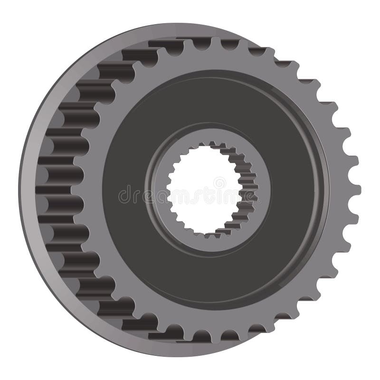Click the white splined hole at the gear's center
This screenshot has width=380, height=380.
(204, 190)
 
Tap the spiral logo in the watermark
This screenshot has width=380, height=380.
(219, 182)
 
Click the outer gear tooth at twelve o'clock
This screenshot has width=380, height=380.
(216, 42)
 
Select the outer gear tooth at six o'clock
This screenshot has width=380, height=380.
(216, 338)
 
